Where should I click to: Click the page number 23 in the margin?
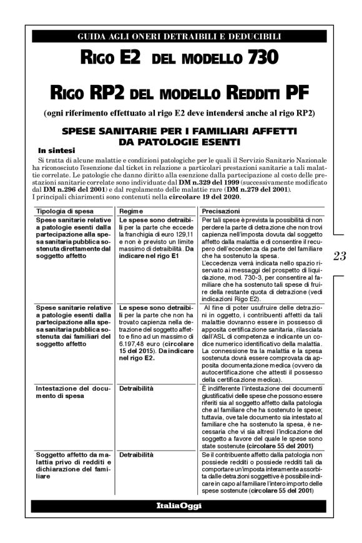(340, 255)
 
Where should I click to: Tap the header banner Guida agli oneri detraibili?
(179, 37)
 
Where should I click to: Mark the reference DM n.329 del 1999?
(208, 181)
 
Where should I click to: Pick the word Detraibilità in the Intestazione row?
(136, 388)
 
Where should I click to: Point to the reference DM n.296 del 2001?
(74, 189)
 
